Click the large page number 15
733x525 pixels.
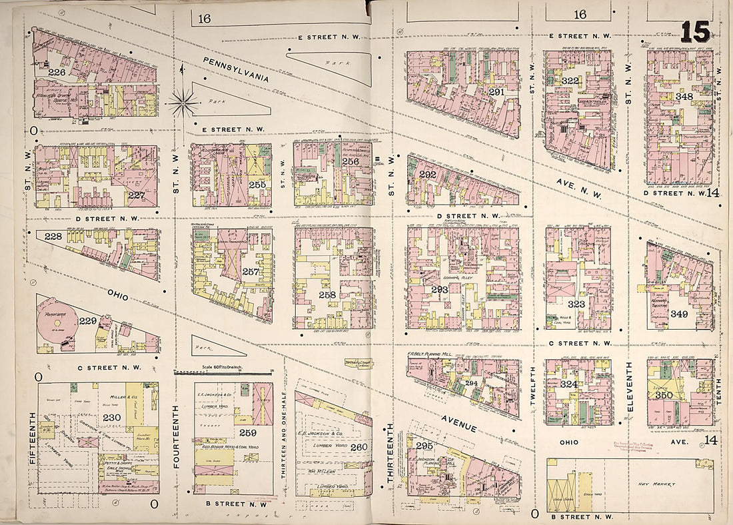pyautogui.click(x=696, y=31)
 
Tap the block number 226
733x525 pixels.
pyautogui.click(x=57, y=71)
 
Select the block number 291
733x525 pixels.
pyautogui.click(x=496, y=92)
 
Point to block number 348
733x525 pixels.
pyautogui.click(x=684, y=96)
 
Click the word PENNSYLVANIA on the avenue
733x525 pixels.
pyautogui.click(x=236, y=69)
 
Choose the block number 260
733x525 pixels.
pyautogui.click(x=359, y=446)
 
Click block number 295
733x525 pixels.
pyautogui.click(x=424, y=445)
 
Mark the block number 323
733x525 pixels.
pyautogui.click(x=576, y=303)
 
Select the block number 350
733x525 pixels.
pyautogui.click(x=682, y=394)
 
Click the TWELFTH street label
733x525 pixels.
pyautogui.click(x=533, y=390)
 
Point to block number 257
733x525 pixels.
pyautogui.click(x=251, y=272)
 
